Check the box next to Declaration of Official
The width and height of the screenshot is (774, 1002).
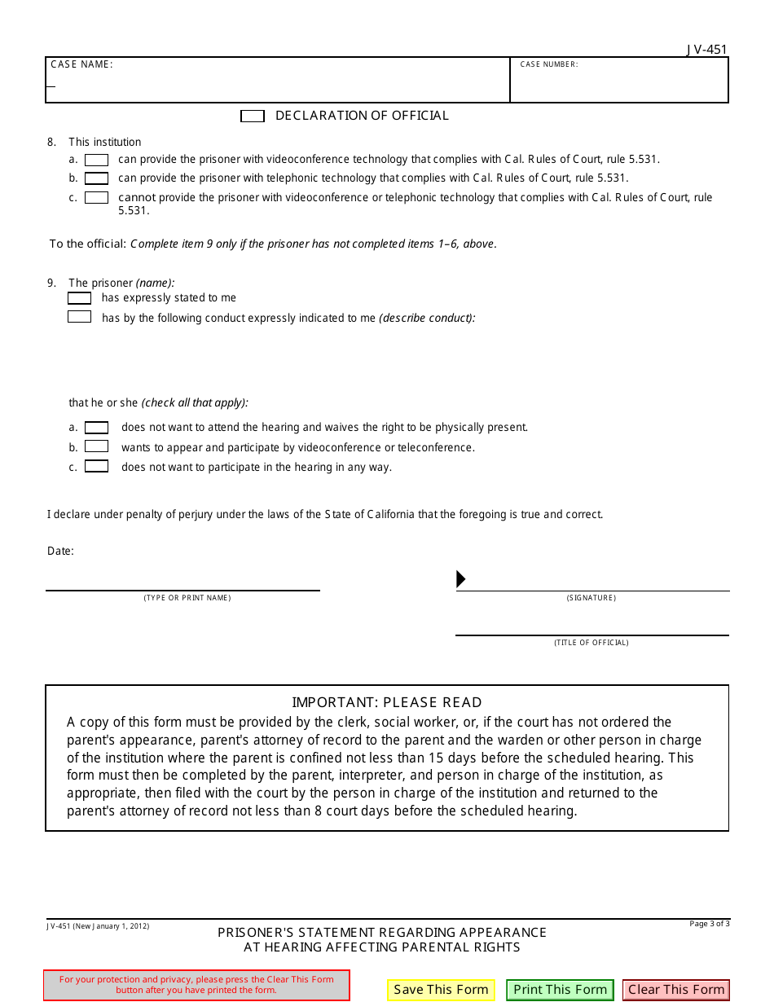click(253, 116)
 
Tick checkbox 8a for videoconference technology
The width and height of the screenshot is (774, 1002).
click(97, 160)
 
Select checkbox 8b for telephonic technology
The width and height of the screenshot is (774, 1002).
click(97, 178)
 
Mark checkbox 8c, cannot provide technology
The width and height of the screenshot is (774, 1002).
click(97, 197)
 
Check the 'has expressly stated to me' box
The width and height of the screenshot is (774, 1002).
click(79, 298)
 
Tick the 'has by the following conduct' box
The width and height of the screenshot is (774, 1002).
click(79, 317)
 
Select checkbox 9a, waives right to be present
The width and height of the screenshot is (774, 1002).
click(97, 427)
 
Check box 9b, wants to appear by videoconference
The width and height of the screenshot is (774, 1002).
click(97, 446)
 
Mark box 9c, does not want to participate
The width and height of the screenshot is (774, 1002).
click(97, 467)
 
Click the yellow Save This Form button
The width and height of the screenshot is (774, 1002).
click(441, 990)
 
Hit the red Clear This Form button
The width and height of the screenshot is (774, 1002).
click(676, 990)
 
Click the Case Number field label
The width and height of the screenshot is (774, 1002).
click(549, 64)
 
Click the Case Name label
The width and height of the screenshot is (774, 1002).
click(81, 64)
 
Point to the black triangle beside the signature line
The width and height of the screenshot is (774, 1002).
click(460, 579)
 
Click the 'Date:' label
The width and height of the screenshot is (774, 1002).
click(60, 552)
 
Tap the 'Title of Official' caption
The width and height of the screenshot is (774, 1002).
click(591, 643)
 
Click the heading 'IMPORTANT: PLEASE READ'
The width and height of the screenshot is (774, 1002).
click(387, 702)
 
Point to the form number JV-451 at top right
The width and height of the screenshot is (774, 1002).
click(706, 50)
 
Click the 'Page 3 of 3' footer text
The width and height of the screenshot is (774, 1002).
click(709, 924)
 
